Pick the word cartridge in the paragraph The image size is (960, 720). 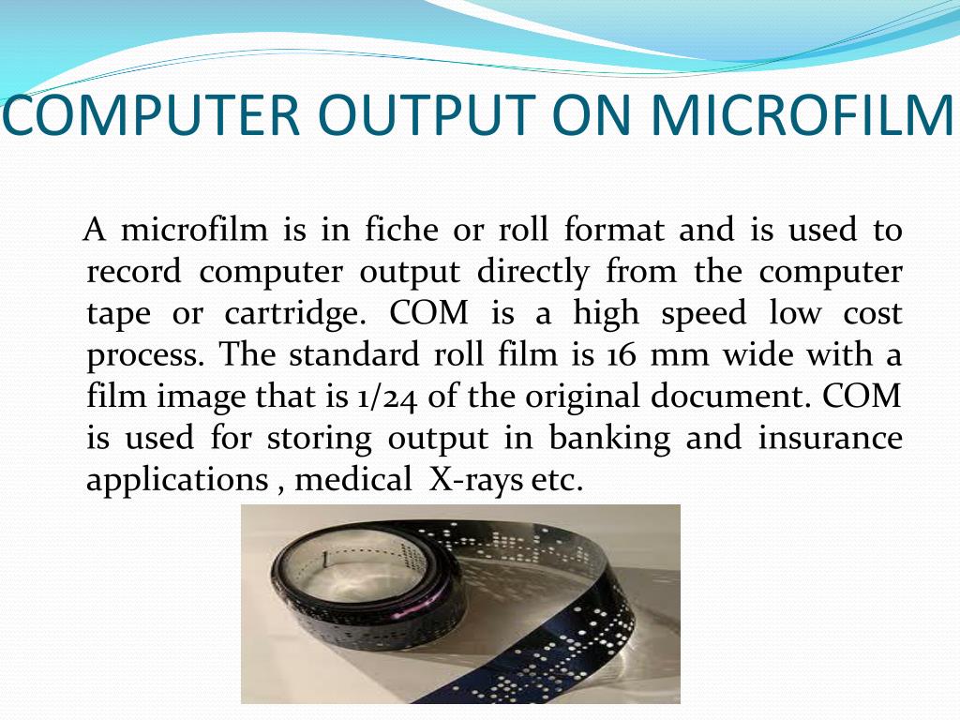pos(292,313)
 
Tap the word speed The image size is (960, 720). pos(703,313)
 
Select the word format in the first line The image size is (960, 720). pos(614,230)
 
